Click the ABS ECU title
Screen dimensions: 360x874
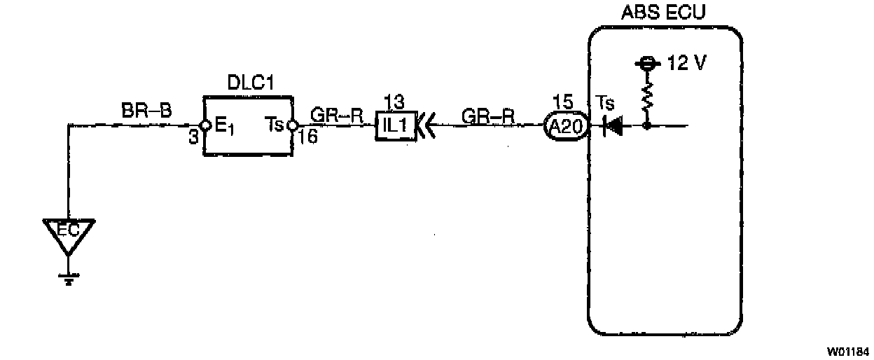(x=664, y=13)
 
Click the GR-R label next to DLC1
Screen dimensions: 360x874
(x=338, y=113)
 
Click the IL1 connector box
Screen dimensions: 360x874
(x=396, y=126)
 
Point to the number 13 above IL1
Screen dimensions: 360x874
(x=395, y=102)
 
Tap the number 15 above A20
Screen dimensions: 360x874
(x=562, y=102)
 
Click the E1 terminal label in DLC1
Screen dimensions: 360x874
(x=224, y=127)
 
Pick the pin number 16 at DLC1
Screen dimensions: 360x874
(x=308, y=137)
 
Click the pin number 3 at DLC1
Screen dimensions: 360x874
(x=193, y=138)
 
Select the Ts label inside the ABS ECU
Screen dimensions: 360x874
(x=605, y=104)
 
